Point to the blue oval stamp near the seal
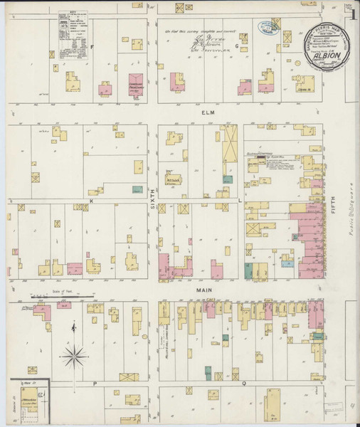[x=268, y=28]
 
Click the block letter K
[x=92, y=202]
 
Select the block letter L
[x=240, y=201]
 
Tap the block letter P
[x=93, y=382]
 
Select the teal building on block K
[x=137, y=191]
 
